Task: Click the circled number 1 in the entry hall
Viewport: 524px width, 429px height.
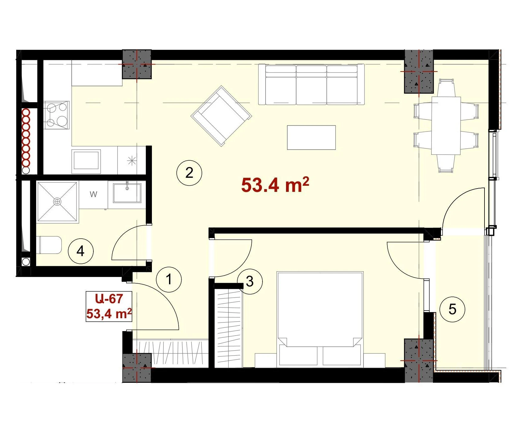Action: [x=169, y=279]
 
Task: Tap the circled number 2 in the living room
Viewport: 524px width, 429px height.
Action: [x=189, y=173]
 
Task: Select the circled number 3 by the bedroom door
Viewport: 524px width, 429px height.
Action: [x=250, y=281]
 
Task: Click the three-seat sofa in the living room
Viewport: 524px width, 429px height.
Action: [x=311, y=84]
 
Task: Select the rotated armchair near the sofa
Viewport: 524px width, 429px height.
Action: [x=221, y=116]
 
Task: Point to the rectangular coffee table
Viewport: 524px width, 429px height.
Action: [x=311, y=137]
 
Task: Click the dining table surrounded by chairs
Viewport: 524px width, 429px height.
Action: [x=446, y=126]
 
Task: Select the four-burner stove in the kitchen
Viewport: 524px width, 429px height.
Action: [x=57, y=115]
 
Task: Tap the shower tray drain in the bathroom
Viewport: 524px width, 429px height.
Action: [x=57, y=202]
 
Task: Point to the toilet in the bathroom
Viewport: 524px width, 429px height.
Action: [x=49, y=245]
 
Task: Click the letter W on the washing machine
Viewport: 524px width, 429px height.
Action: [x=93, y=194]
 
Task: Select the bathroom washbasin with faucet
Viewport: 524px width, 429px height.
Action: [x=127, y=193]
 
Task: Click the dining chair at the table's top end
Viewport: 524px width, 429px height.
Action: [x=446, y=88]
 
